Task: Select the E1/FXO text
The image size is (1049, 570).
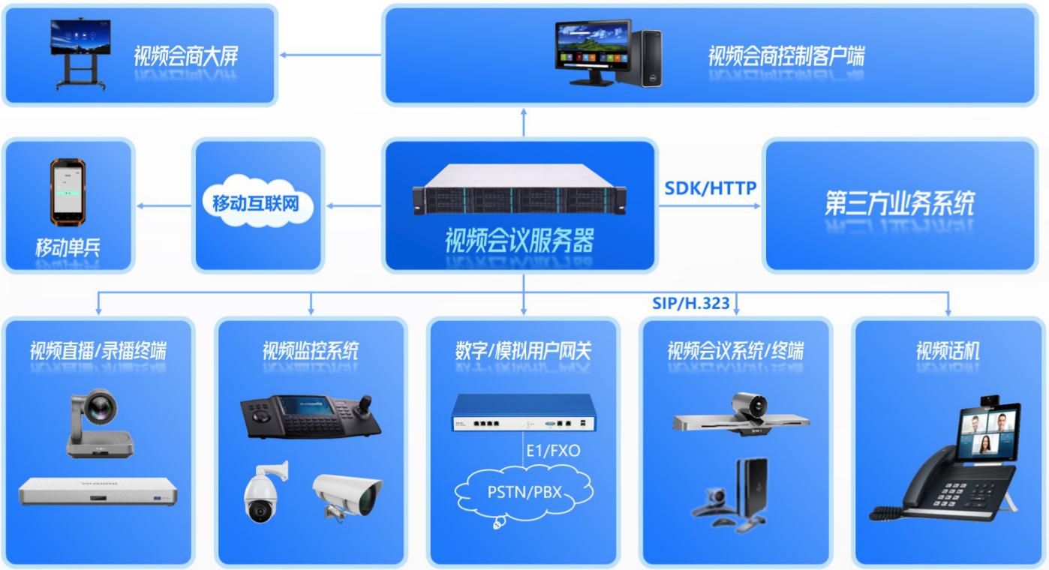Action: pyautogui.click(x=552, y=451)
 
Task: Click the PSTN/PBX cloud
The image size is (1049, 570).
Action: pyautogui.click(x=524, y=493)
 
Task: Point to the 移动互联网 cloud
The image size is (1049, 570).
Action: pyautogui.click(x=256, y=202)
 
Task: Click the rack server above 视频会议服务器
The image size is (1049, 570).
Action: pyautogui.click(x=519, y=190)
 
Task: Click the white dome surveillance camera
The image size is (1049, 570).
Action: pyautogui.click(x=262, y=492)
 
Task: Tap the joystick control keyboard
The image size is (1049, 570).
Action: pyautogui.click(x=310, y=415)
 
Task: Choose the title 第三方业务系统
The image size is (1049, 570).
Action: pyautogui.click(x=900, y=203)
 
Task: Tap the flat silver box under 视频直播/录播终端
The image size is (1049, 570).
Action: pyautogui.click(x=98, y=492)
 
